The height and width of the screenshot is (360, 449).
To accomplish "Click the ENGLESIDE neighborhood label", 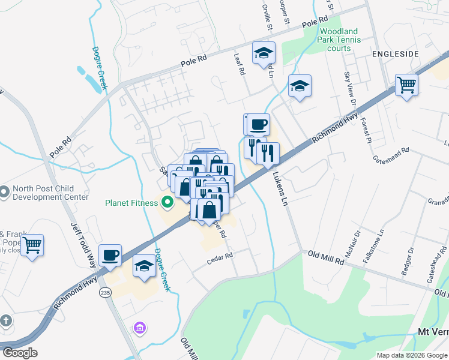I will tap(394, 54).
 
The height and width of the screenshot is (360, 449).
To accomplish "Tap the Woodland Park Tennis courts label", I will tap(340, 40).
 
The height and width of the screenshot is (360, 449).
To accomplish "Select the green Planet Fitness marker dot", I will tap(167, 203).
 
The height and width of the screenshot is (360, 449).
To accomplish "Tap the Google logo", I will tap(20, 353).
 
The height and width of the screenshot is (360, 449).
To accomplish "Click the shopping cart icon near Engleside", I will tap(406, 85).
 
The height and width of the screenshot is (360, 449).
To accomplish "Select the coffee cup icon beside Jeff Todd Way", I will tap(110, 255).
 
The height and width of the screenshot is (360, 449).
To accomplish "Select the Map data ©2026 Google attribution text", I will tap(411, 355).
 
